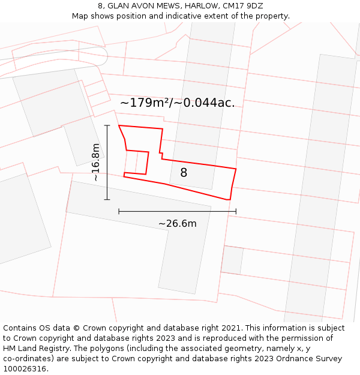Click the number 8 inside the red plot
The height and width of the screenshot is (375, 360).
coord(184,173)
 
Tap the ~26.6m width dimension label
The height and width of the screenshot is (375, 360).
coord(178,224)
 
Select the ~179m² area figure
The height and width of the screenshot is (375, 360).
coord(144,103)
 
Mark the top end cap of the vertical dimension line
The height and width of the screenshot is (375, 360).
coord(107,125)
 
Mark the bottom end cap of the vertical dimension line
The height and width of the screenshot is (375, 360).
coord(107,199)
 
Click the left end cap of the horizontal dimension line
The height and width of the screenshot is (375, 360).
coord(119,211)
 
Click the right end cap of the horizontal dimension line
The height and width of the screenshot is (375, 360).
coord(236,211)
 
